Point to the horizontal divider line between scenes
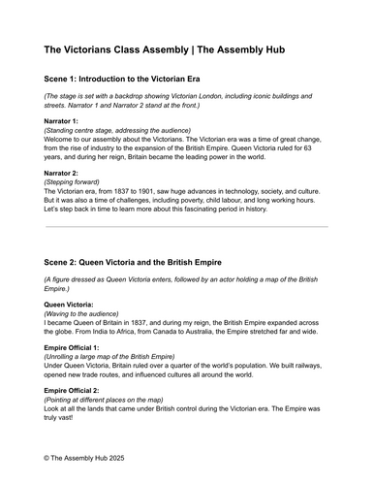(x=186, y=226)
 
